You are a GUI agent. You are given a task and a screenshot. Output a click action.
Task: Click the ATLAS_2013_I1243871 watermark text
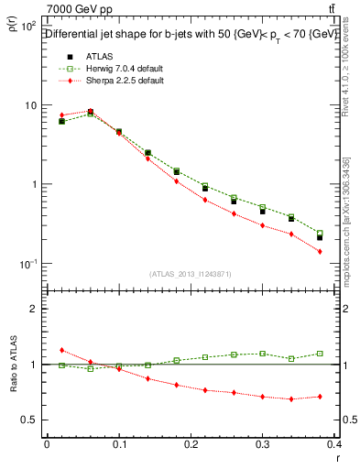click(190, 275)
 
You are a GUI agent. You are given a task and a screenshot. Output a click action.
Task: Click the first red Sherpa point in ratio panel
click(61, 350)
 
